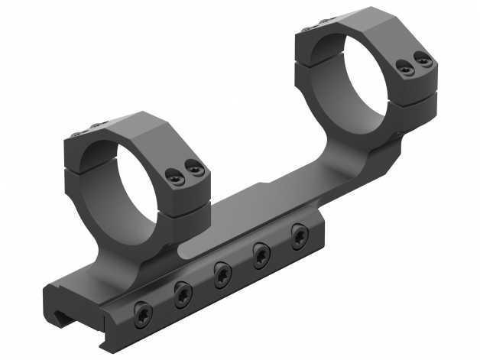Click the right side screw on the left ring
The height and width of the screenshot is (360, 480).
(x=195, y=168)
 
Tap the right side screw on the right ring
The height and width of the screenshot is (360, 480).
(x=423, y=59)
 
